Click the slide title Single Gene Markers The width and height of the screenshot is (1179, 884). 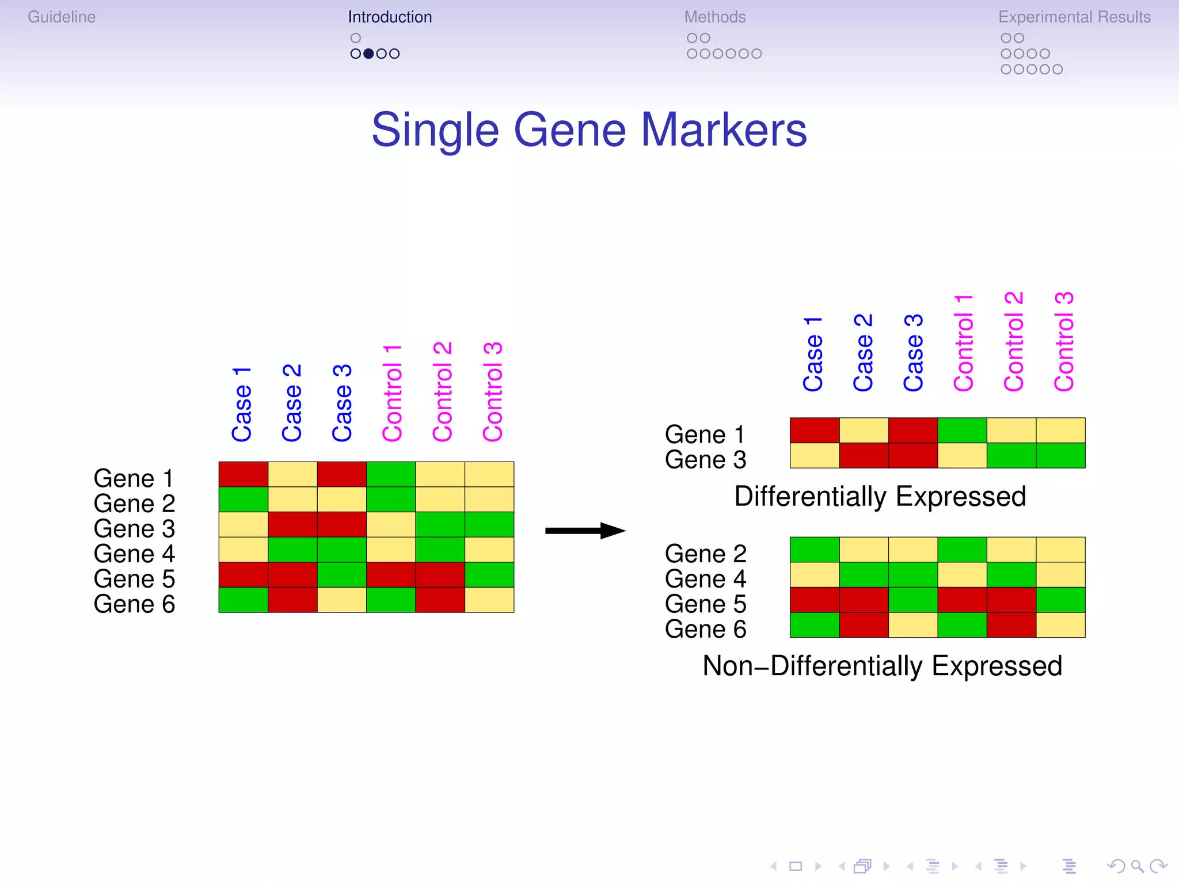click(x=589, y=130)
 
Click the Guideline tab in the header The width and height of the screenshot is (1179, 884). click(x=62, y=17)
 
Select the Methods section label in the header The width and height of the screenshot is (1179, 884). click(x=714, y=17)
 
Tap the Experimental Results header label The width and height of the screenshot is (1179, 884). click(x=1074, y=17)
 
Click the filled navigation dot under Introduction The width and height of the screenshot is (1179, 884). click(x=368, y=54)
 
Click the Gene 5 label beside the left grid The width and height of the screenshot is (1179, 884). click(x=134, y=579)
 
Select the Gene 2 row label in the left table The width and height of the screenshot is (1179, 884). click(x=134, y=504)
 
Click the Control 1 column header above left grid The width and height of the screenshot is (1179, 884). click(x=392, y=394)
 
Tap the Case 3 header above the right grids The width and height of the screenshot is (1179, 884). click(x=914, y=353)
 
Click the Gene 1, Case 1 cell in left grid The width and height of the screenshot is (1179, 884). click(x=243, y=474)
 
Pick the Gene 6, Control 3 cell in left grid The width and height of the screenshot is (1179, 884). click(x=489, y=600)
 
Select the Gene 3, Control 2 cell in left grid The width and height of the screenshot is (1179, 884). click(x=440, y=524)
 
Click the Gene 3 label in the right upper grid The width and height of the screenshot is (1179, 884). click(x=705, y=460)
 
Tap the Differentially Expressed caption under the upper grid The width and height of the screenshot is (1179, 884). click(x=880, y=497)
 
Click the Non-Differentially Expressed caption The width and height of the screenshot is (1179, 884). click(x=882, y=666)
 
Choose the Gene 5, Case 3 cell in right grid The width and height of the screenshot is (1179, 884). click(x=913, y=600)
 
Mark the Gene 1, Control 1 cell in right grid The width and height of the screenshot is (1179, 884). click(x=962, y=430)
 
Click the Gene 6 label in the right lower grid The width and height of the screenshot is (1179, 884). click(x=705, y=629)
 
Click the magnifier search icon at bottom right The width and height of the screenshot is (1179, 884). click(x=1136, y=866)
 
